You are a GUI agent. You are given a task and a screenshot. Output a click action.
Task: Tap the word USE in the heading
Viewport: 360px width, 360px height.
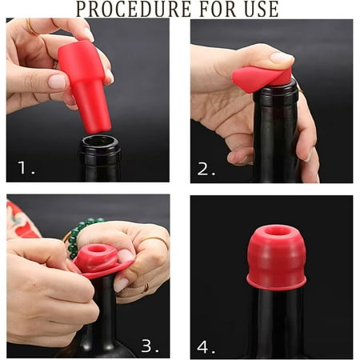(262, 9)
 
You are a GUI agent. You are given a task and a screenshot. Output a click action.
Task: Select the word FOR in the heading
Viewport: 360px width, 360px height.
(218, 9)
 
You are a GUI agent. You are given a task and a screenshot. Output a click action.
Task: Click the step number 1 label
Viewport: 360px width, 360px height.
(26, 167)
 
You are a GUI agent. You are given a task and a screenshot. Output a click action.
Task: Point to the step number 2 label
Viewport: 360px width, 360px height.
(206, 169)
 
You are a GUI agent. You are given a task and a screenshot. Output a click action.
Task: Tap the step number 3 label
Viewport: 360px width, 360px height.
(150, 346)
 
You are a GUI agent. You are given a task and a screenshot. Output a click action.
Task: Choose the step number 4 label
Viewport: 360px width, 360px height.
(206, 347)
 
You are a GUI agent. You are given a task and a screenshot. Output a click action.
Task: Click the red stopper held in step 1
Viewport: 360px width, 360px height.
(84, 86)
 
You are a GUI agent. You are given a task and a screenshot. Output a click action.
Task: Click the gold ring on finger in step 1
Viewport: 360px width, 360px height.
(31, 28)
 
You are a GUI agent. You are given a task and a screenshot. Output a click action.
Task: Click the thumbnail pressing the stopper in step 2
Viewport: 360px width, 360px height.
(282, 58)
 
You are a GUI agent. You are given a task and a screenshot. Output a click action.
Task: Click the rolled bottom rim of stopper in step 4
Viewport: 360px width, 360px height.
(276, 282)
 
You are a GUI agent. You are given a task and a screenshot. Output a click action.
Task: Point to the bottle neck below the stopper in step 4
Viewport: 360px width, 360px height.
(276, 322)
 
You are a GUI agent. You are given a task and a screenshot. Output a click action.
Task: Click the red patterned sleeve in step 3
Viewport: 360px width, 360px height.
(20, 220)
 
